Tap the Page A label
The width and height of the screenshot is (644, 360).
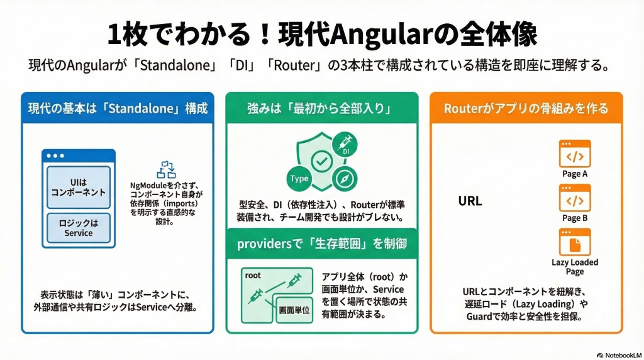[x=575, y=174]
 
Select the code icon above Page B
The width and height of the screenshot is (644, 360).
[x=575, y=198]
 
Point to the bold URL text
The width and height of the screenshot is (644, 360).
[x=470, y=201]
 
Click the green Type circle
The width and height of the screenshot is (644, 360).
[x=299, y=179]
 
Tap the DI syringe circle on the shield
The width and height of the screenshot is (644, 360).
[x=345, y=145]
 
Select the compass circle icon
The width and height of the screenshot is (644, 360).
[x=345, y=179]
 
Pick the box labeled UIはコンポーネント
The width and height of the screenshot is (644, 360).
[x=79, y=188]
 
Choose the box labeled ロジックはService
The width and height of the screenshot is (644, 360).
[x=79, y=228]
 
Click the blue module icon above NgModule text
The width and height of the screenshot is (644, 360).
[x=166, y=170]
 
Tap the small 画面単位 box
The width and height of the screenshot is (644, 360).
[x=294, y=310]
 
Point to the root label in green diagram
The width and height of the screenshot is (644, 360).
[x=253, y=275]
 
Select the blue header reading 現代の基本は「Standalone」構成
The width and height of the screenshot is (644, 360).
[x=118, y=108]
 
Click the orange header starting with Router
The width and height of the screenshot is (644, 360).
[x=526, y=108]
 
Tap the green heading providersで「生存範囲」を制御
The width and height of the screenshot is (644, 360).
[x=322, y=244]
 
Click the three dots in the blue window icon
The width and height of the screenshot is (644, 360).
[x=55, y=155]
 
